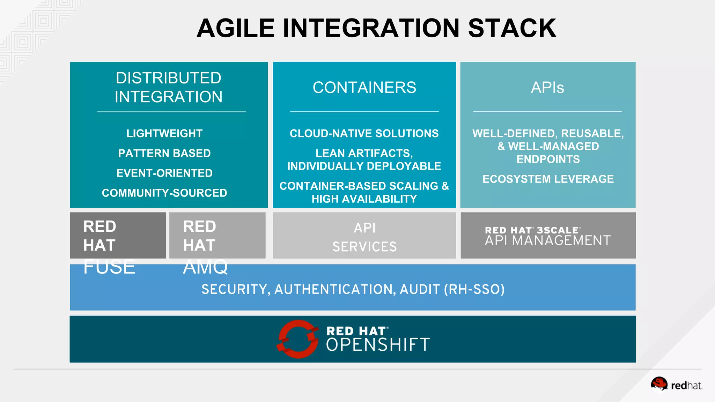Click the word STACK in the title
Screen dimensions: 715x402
click(512, 28)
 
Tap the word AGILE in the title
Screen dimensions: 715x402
click(236, 28)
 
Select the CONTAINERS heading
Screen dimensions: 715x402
click(364, 88)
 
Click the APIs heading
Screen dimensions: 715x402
click(547, 88)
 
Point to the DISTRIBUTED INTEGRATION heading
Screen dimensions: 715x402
click(169, 87)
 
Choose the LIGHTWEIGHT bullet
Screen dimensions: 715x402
click(164, 133)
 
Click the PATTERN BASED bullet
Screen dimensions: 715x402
click(164, 153)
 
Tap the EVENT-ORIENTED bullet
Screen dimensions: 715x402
click(164, 173)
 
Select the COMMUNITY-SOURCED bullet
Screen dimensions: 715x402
click(164, 193)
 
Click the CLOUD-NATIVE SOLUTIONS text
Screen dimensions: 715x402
click(364, 133)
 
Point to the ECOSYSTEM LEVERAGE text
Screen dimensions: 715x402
click(548, 179)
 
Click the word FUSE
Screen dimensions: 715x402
click(109, 267)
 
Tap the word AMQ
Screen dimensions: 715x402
click(205, 267)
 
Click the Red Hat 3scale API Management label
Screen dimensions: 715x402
click(547, 236)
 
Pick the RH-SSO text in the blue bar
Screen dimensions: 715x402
click(474, 289)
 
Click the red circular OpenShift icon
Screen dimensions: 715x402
click(298, 339)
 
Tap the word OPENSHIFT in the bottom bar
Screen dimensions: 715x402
click(378, 345)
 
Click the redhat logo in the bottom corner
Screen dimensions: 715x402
click(676, 385)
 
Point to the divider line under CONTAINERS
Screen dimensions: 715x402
click(364, 112)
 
